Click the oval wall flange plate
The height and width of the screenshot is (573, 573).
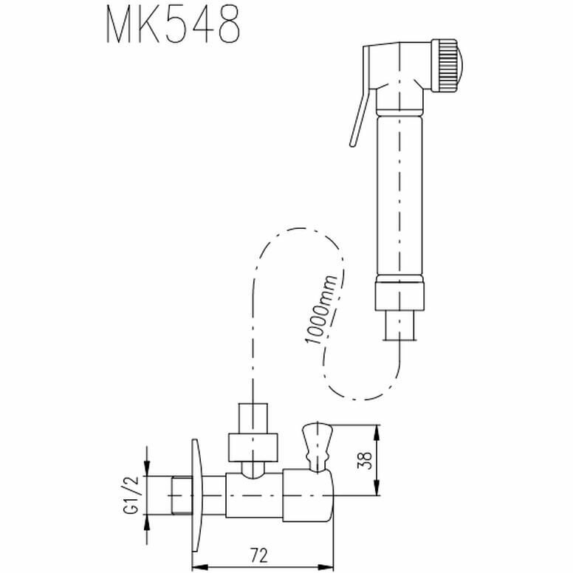point(194,495)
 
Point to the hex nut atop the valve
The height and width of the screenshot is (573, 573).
point(253,445)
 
